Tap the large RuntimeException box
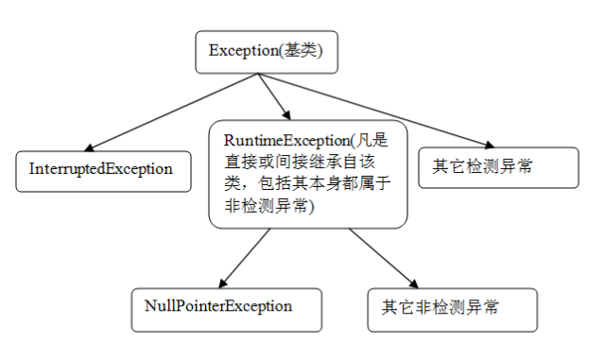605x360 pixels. (x=307, y=172)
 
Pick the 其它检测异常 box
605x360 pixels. (x=497, y=167)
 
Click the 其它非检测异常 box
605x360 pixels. (x=453, y=307)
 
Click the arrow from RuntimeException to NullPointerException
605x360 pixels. (x=248, y=258)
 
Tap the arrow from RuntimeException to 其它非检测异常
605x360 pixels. (x=383, y=258)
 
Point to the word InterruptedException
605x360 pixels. (x=101, y=170)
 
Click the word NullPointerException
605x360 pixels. (x=218, y=306)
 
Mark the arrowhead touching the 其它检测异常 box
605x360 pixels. (x=488, y=145)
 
